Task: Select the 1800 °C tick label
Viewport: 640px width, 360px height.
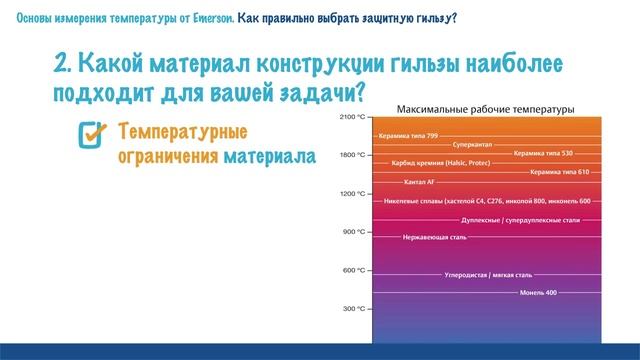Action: coord(353,155)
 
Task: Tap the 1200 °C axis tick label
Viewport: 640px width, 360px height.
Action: coord(353,193)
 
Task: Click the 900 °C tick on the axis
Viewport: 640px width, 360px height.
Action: coord(355,232)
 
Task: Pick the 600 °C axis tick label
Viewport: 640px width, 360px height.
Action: coord(355,270)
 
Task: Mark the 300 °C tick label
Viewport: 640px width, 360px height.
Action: coord(355,309)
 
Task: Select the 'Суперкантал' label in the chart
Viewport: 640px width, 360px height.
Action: coord(472,144)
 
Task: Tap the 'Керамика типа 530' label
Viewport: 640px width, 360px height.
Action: coord(542,153)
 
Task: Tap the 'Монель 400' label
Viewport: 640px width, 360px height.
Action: coord(538,292)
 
